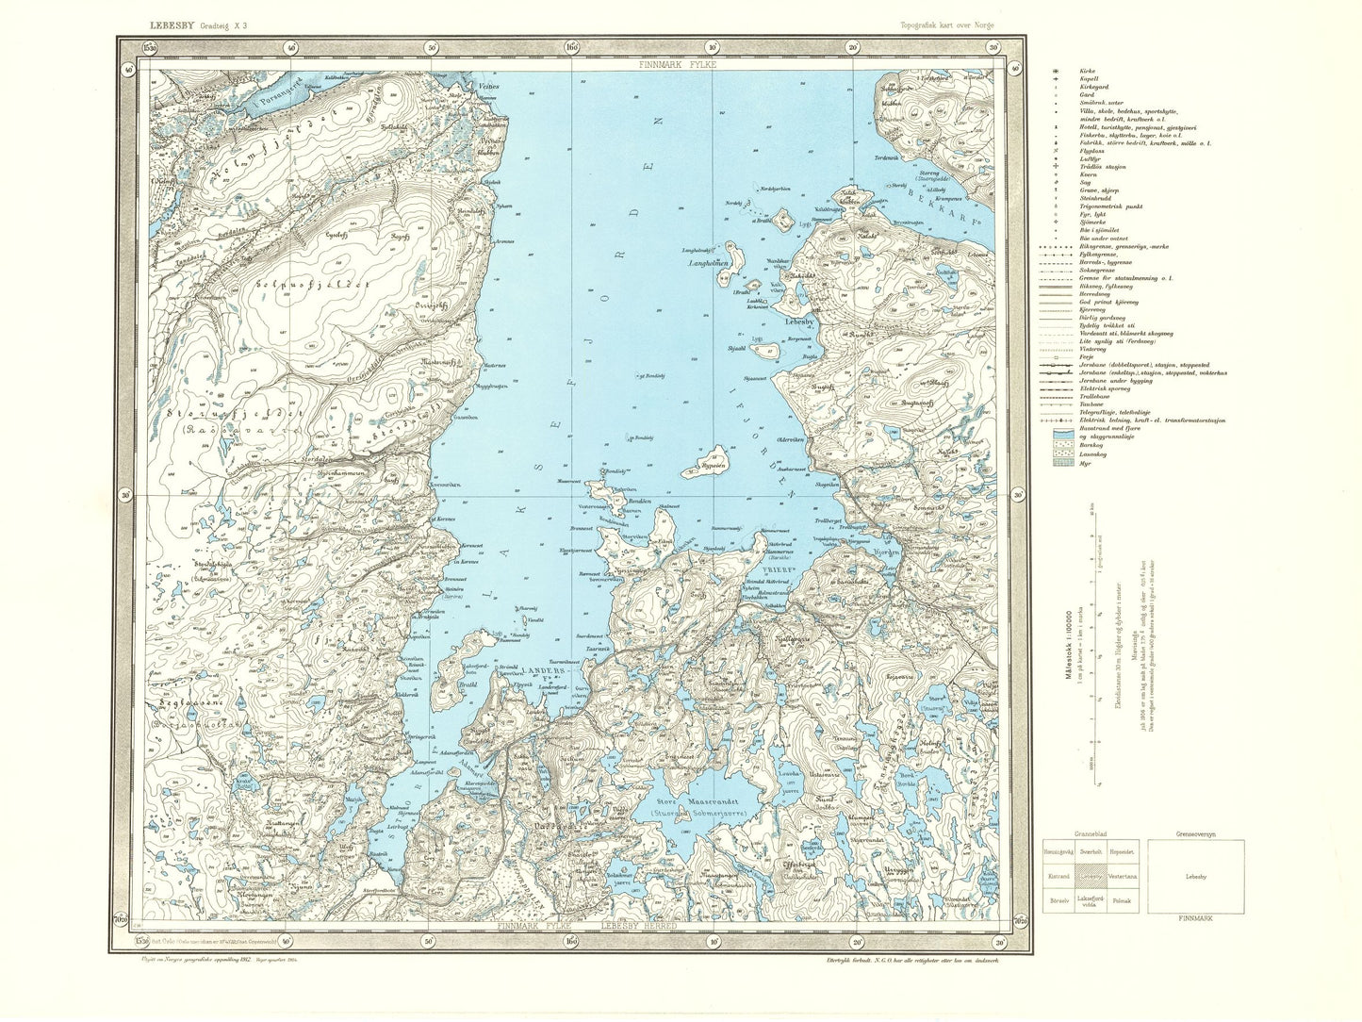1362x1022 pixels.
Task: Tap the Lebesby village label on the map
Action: coord(804,319)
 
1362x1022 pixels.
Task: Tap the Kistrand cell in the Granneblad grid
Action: coord(1054,877)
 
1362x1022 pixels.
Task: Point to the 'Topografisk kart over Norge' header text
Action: coord(947,25)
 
